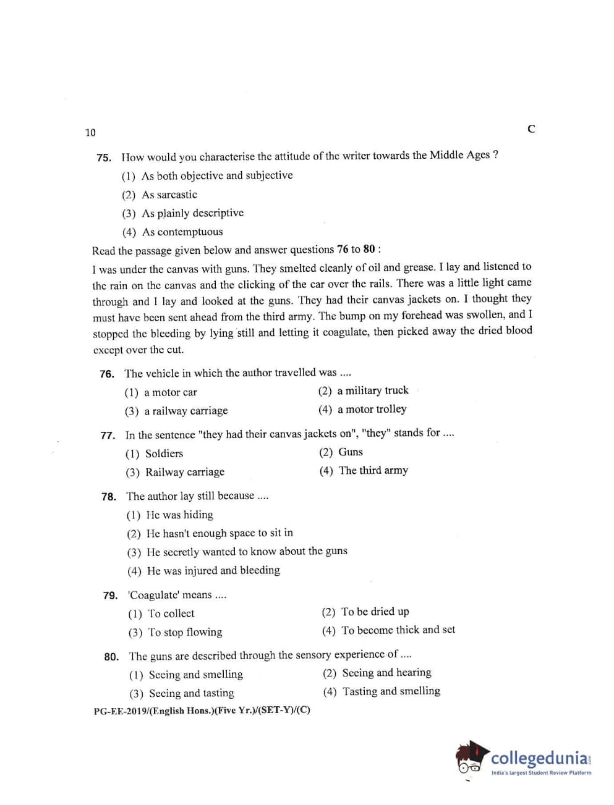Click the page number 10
(90, 132)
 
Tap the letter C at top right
(531, 129)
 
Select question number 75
(104, 158)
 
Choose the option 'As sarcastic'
(169, 195)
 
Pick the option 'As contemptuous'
(182, 232)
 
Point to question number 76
(107, 374)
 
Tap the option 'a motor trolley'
(372, 409)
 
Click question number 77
(108, 435)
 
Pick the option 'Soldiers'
(164, 453)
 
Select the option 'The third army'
(373, 470)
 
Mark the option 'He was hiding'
(179, 515)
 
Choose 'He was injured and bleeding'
(213, 570)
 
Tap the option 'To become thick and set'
(398, 630)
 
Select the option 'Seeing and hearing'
(386, 673)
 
